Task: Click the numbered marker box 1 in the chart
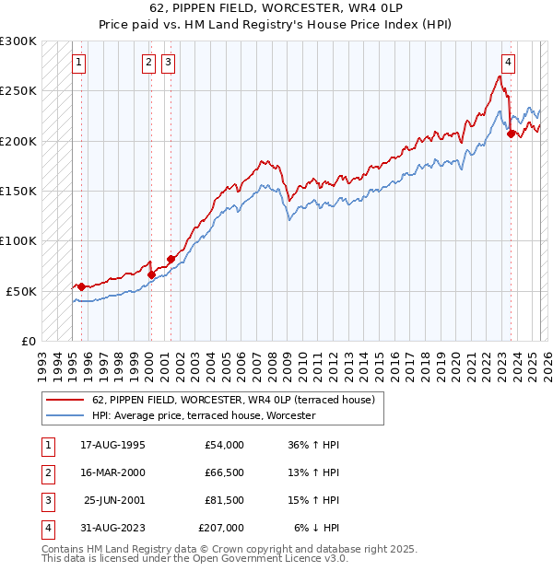(79, 63)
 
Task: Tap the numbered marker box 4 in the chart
(508, 63)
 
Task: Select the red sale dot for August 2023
(511, 134)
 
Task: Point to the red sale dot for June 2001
(171, 260)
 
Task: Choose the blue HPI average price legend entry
(204, 415)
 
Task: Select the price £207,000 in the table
(221, 528)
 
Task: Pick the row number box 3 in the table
(46, 500)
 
